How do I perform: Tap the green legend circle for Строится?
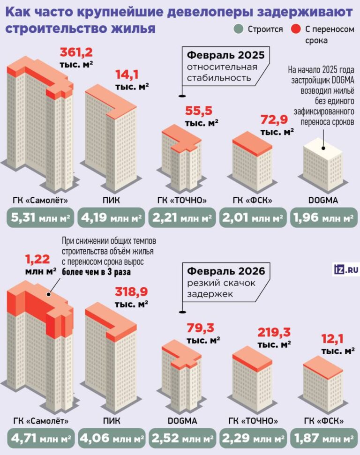point(239,30)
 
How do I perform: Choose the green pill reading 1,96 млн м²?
point(323,218)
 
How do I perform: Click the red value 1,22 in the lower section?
point(40,258)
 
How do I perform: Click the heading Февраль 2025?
point(226,55)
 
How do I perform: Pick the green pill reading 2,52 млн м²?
point(182,440)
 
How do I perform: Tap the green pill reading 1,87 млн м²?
point(323,440)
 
